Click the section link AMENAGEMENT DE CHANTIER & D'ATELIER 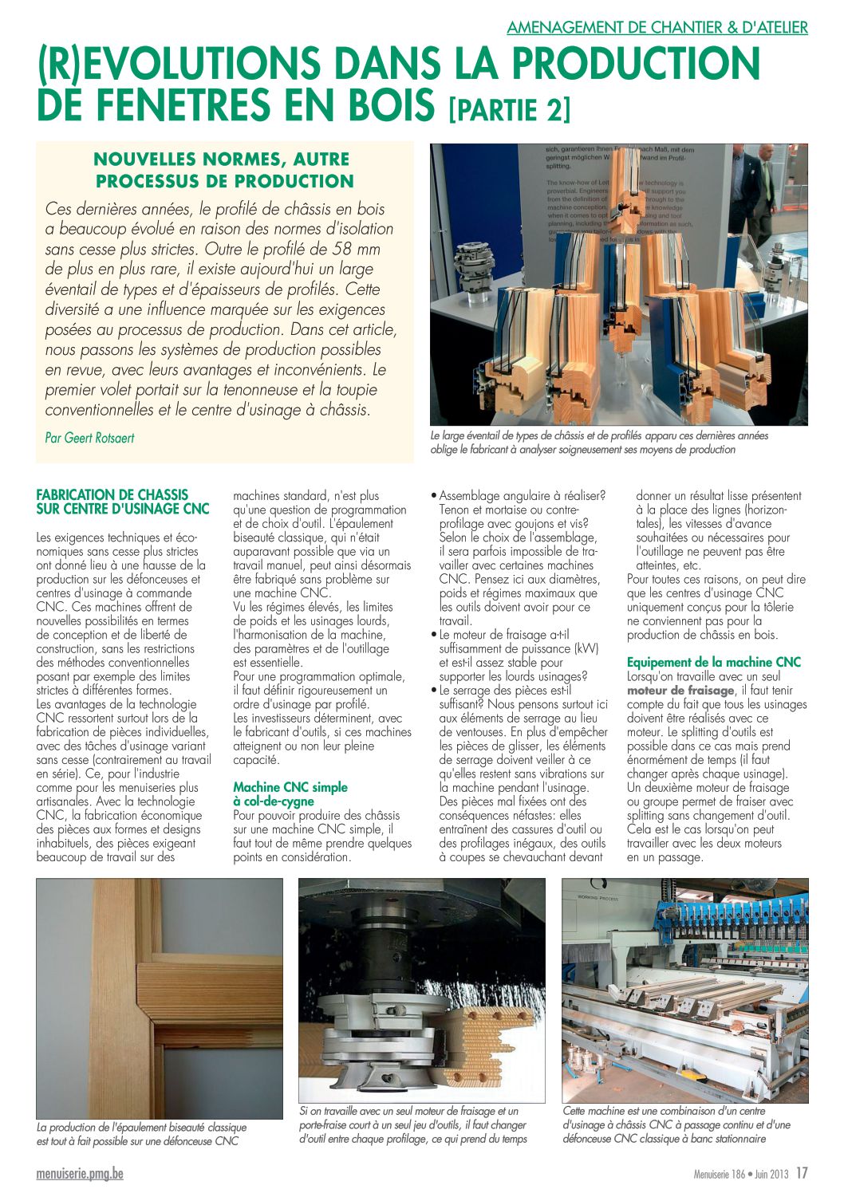coord(657,27)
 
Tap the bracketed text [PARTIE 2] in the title coord(510,108)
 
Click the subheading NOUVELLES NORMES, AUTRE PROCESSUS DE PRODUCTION coord(224,170)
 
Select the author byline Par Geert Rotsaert coord(89,438)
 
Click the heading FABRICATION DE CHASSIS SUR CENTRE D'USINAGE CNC coord(123,502)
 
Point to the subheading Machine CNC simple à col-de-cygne coord(290,793)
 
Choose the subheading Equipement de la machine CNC coord(713,662)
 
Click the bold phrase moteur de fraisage coord(680,691)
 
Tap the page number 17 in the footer coord(802,1173)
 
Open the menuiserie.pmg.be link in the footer coord(80,1174)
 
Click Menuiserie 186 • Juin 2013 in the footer coord(740,1174)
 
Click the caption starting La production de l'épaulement coord(142,1134)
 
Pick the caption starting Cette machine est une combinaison coord(676,1124)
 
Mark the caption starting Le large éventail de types coord(598,443)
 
